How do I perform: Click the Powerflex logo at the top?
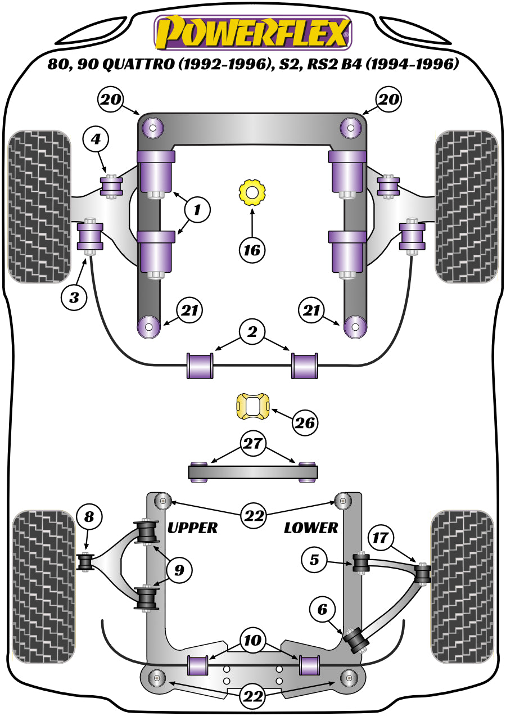[x=253, y=33]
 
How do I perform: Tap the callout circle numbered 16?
[x=252, y=248]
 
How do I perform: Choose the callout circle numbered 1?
[x=197, y=210]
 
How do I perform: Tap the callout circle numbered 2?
[x=252, y=333]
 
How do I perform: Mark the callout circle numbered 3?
[x=74, y=296]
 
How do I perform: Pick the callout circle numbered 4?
[x=96, y=138]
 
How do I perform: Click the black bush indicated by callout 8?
[x=85, y=561]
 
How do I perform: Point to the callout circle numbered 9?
[x=179, y=570]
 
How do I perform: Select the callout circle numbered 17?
[x=381, y=538]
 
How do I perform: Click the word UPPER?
[x=192, y=528]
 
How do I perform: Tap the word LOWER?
[x=311, y=528]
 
